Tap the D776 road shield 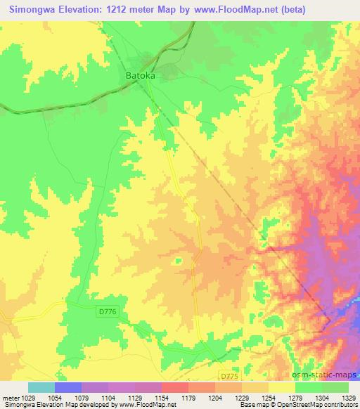(107, 310)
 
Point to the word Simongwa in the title (32, 8)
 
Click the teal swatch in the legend (41, 387)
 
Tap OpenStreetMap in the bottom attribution (285, 405)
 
